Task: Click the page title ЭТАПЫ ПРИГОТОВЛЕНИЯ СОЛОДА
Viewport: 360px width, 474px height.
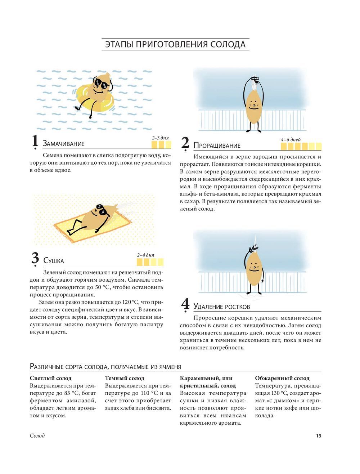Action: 175,44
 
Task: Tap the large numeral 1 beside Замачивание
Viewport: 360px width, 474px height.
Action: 35,141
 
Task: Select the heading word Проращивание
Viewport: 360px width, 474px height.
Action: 217,145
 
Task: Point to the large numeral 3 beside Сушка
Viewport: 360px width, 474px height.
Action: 35,258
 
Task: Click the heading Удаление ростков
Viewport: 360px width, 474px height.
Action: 222,307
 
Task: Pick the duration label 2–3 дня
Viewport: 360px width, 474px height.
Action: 160,138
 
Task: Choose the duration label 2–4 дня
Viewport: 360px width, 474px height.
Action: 146,255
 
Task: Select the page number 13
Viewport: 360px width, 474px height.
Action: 319,436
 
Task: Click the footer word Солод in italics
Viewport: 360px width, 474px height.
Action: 37,435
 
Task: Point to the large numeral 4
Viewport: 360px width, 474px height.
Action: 185,304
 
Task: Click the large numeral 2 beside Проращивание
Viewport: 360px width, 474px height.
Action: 185,143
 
